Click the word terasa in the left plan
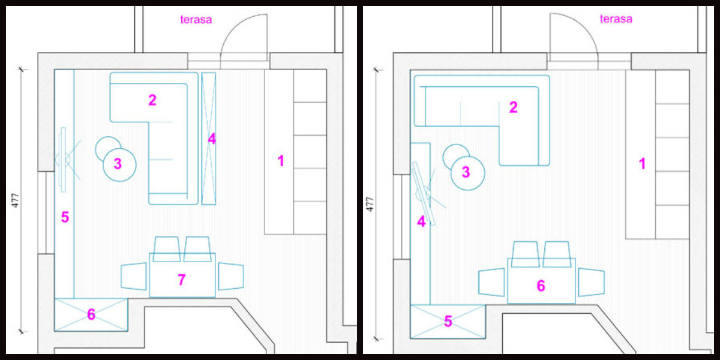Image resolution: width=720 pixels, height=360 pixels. tap(196, 20)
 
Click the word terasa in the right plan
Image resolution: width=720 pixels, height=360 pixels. tap(616, 19)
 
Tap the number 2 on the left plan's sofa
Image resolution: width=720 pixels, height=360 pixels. tap(152, 100)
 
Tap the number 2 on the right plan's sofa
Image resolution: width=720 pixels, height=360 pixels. tap(514, 107)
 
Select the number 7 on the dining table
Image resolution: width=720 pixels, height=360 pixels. tap(182, 280)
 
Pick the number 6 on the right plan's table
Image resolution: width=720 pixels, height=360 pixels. tap(541, 286)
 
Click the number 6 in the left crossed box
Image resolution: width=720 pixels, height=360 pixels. tap(91, 314)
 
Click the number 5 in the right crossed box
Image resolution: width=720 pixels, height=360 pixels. tap(448, 321)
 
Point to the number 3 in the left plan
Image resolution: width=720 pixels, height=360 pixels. tap(118, 164)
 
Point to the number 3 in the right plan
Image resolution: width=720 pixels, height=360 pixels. tap(466, 172)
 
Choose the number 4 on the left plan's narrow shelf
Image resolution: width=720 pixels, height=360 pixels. tap(211, 139)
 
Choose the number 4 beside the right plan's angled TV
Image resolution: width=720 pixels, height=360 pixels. tap(421, 221)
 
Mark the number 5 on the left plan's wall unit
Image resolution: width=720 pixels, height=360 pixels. tap(65, 217)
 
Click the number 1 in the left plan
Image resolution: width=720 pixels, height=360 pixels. tap(281, 161)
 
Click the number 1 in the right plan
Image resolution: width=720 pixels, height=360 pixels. tap(642, 164)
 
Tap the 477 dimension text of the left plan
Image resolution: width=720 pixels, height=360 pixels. tap(15, 200)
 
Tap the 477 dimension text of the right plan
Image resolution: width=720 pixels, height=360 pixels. tap(370, 204)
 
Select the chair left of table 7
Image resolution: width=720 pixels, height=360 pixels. tap(134, 277)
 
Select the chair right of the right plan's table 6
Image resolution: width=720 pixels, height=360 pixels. tap(592, 282)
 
